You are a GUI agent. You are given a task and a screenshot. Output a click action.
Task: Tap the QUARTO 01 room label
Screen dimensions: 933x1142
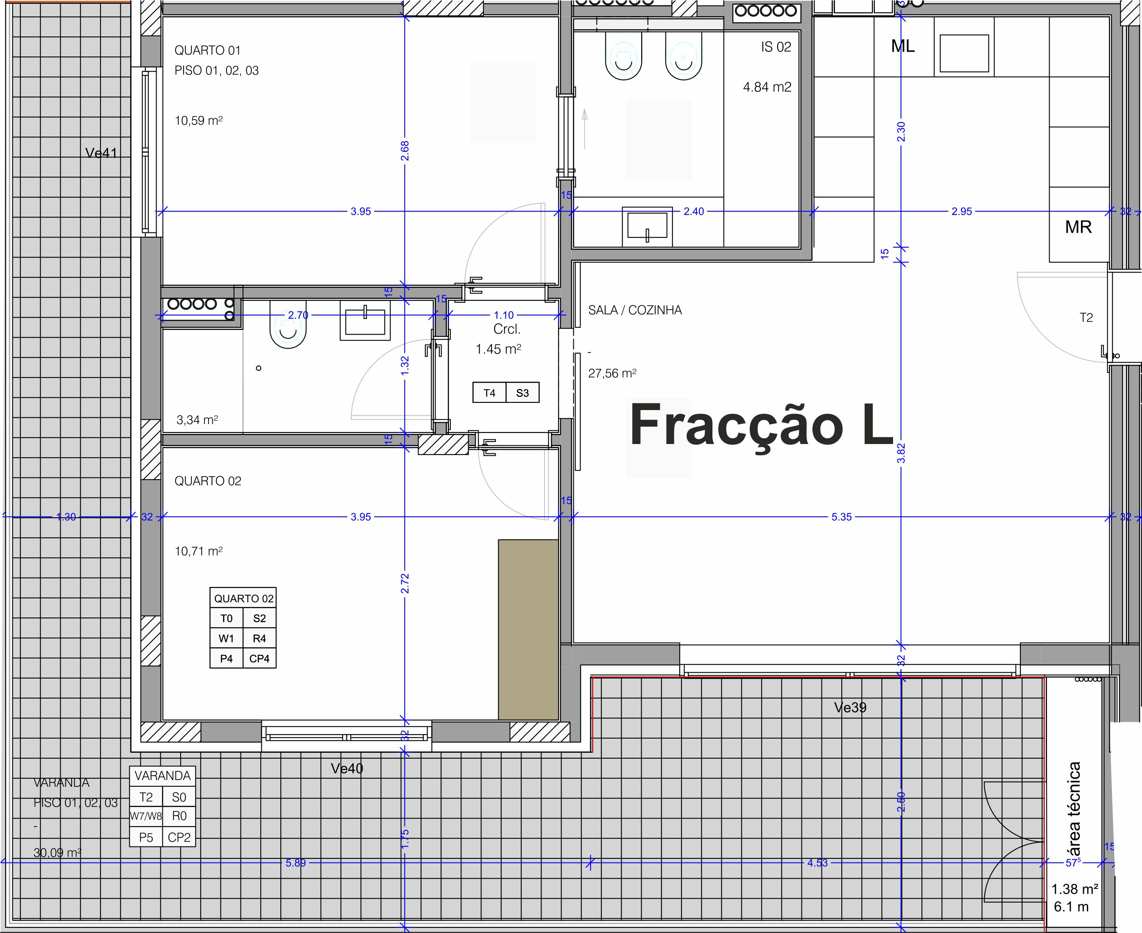(207, 50)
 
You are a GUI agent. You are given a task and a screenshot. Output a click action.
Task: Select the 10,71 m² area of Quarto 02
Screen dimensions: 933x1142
(198, 551)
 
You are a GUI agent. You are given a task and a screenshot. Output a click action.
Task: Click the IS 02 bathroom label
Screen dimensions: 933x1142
(776, 47)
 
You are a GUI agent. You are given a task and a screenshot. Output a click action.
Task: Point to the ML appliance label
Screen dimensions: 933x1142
(902, 46)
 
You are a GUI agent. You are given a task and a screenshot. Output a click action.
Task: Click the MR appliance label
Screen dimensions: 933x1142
(1078, 227)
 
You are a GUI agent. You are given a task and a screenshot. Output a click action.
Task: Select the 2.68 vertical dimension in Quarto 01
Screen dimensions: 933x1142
(405, 151)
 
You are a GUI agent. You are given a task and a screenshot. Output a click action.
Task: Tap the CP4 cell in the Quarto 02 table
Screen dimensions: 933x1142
(259, 658)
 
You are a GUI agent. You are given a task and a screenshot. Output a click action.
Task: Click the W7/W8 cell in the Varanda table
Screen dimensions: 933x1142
(145, 816)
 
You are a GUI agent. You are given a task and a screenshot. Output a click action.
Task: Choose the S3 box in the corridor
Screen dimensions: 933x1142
(522, 393)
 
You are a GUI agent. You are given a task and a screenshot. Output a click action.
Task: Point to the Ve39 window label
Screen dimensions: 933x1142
(850, 708)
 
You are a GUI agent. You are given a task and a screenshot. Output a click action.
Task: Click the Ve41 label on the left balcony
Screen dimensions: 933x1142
(101, 153)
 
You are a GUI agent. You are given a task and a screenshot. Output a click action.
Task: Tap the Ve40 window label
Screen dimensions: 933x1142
(346, 768)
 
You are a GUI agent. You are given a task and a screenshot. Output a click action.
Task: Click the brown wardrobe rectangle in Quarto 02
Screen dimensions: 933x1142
(528, 629)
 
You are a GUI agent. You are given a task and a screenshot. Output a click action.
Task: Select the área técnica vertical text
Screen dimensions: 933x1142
(1073, 809)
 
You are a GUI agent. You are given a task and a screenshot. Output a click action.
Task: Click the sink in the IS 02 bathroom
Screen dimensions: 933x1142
(647, 225)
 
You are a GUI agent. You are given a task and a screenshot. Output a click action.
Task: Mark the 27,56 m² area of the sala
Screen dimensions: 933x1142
(612, 373)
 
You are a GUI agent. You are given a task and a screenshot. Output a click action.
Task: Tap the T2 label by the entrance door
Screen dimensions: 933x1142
(1086, 318)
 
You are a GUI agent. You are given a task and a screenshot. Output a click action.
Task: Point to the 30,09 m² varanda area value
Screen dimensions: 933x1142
(57, 852)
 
